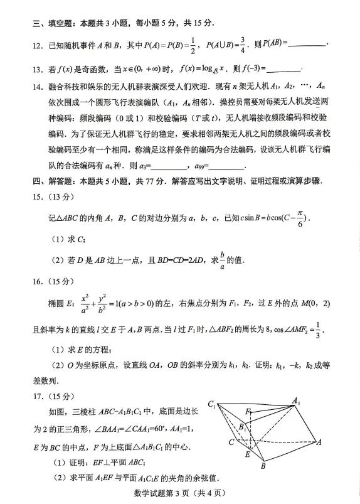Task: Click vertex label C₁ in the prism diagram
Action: coord(213,403)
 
